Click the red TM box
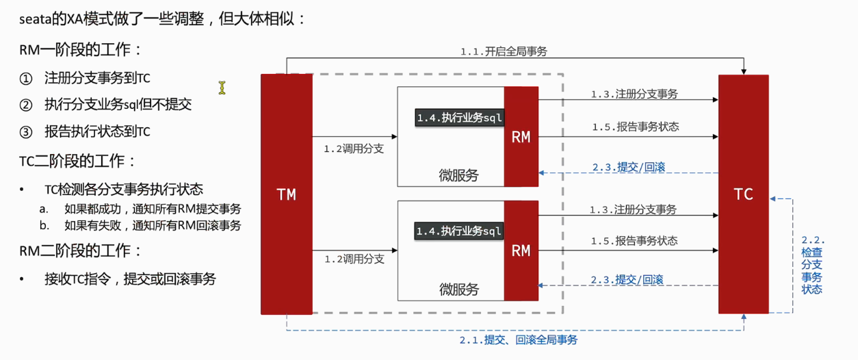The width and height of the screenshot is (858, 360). pos(286,194)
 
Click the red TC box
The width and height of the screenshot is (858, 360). pos(743,194)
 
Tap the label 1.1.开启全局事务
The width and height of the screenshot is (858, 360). pos(503,51)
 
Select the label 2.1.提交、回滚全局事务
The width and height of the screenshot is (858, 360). pos(518,339)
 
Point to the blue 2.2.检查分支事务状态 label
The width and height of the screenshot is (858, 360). pos(812,265)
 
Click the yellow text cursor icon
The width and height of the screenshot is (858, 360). pos(222,88)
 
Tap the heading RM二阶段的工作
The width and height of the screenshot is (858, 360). pos(81,250)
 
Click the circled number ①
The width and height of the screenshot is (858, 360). pos(26,78)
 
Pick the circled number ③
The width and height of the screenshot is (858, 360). pos(26,131)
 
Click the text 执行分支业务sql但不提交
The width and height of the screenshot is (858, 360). pos(118,105)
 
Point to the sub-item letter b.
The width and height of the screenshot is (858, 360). pos(44,225)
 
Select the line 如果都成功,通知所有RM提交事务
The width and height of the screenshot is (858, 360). pos(153,208)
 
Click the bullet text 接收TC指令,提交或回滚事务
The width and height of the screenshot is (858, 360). pos(130,279)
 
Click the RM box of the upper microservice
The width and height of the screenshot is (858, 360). pos(521,137)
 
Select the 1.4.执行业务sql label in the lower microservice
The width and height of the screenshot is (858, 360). pos(459,231)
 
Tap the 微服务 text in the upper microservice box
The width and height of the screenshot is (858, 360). pos(458,176)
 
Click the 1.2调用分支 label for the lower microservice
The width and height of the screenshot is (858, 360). pos(354,259)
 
